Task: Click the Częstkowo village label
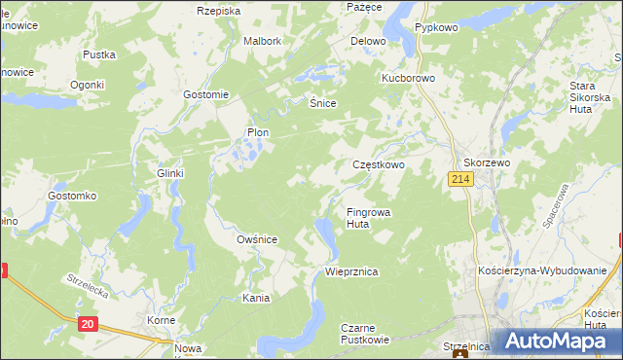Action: (378, 165)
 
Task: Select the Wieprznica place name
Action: (351, 272)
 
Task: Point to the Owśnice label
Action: (258, 239)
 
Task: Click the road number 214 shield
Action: (460, 180)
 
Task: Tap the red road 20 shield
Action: (88, 323)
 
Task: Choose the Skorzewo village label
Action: (487, 163)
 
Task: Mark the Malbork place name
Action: (262, 42)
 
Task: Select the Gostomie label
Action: (205, 94)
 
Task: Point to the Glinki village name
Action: (170, 173)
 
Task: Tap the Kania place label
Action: (256, 298)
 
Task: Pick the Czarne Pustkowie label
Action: (365, 334)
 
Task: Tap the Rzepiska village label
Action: (218, 11)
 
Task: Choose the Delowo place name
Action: (368, 42)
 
